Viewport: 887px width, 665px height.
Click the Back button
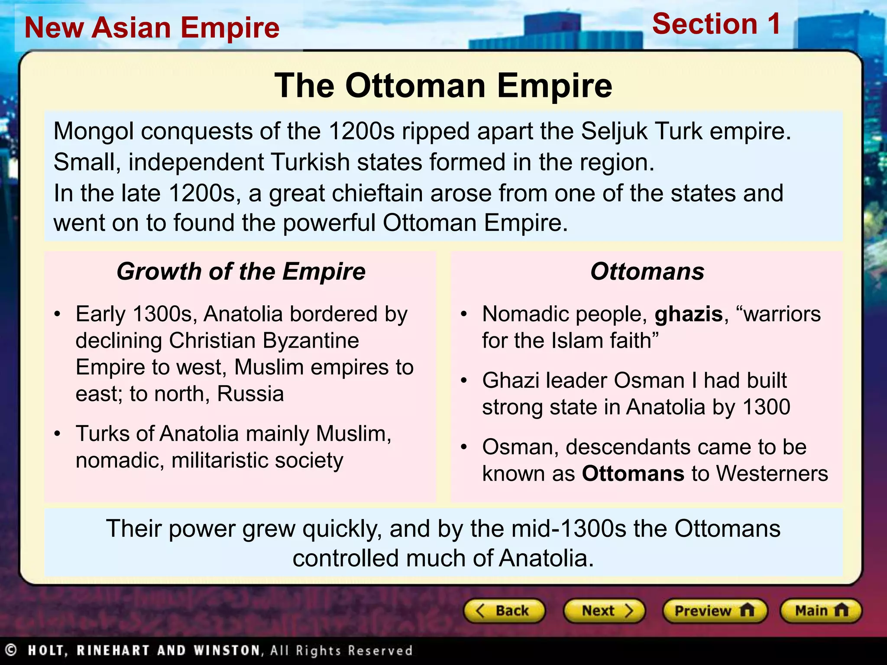pyautogui.click(x=504, y=611)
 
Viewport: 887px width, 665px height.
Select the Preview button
pyautogui.click(x=715, y=611)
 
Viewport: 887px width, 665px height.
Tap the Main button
pyautogui.click(x=821, y=611)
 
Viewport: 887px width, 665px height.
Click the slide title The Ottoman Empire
pyautogui.click(x=443, y=86)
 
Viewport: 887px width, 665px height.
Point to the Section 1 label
pyautogui.click(x=716, y=24)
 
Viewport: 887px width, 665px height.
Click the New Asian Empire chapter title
pyautogui.click(x=152, y=28)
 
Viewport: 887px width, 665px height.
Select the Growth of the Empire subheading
pyautogui.click(x=241, y=272)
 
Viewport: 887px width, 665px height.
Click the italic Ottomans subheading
pyautogui.click(x=647, y=272)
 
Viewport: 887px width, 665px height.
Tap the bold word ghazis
pyautogui.click(x=689, y=314)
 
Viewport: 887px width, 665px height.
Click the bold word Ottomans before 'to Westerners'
pyautogui.click(x=633, y=474)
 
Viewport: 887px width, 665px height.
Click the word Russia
pyautogui.click(x=250, y=394)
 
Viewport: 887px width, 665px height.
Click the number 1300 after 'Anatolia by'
pyautogui.click(x=766, y=407)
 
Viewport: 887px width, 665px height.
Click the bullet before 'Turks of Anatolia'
pyautogui.click(x=57, y=434)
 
